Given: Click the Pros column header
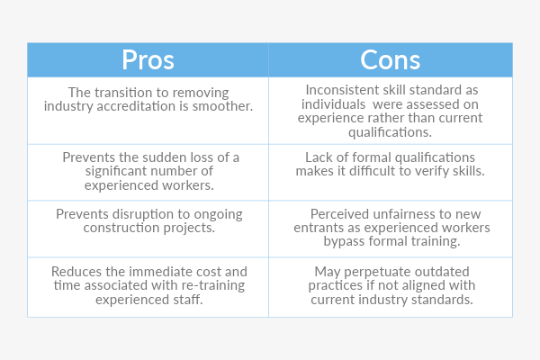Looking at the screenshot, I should (x=148, y=59).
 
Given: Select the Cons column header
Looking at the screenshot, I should (x=390, y=59).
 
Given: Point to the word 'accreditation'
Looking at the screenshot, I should (x=133, y=106).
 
